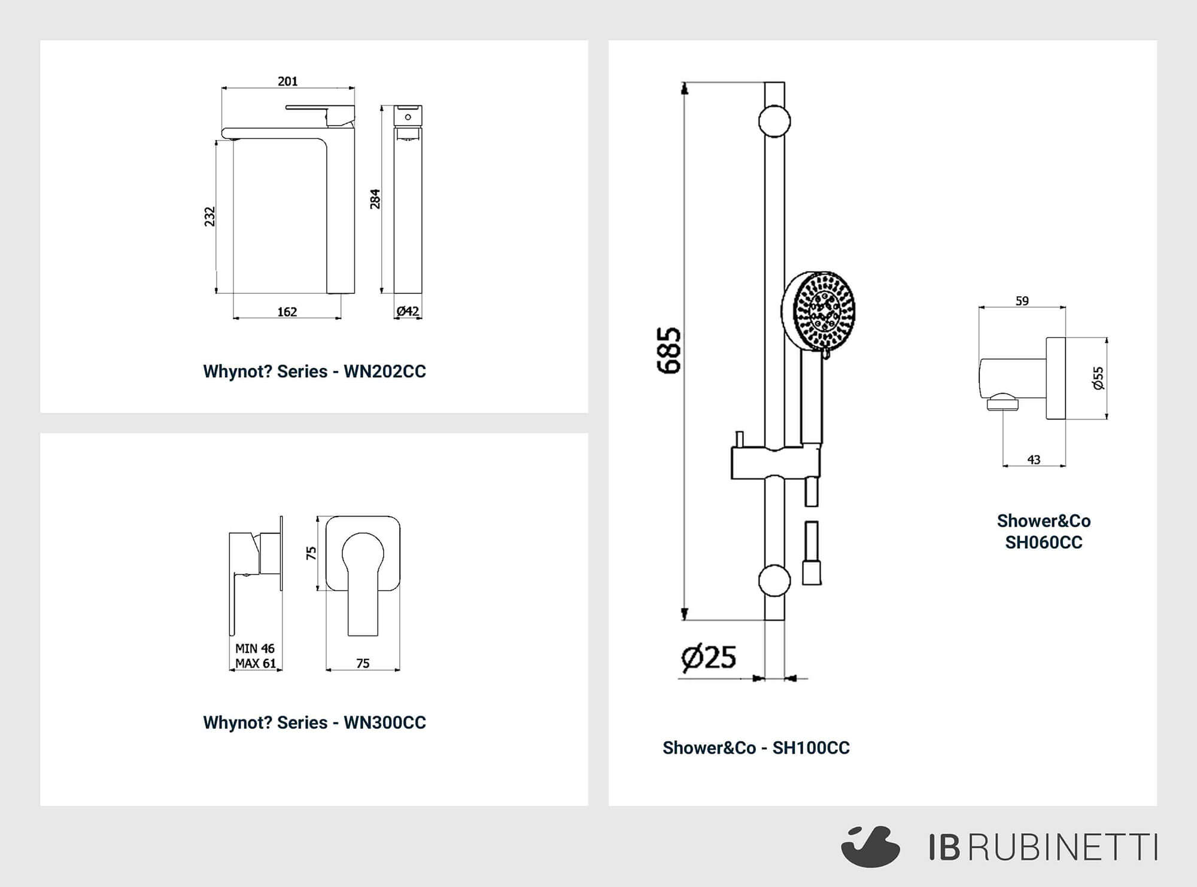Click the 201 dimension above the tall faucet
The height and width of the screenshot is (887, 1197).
coord(287,81)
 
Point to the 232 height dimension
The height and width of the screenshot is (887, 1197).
coord(209,217)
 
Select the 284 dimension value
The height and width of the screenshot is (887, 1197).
coord(375,199)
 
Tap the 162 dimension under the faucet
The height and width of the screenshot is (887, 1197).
coord(287,312)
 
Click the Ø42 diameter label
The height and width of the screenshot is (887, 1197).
coord(408,311)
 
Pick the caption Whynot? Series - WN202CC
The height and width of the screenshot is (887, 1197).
coord(314,372)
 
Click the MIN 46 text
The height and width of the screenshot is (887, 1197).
coord(255,648)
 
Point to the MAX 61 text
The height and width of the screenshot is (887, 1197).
coord(256,663)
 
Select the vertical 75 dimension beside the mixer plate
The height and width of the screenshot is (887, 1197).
coord(311,553)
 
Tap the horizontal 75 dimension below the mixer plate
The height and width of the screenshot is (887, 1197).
coord(363,663)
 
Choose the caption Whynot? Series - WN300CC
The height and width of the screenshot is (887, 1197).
coord(314,723)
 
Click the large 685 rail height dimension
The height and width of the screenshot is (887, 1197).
coord(669,351)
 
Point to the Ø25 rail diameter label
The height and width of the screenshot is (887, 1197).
coord(709,657)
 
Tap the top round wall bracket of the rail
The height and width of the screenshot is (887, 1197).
coord(774,121)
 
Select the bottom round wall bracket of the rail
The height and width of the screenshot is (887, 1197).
coord(774,581)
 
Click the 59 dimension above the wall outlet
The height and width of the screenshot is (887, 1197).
coord(1022,301)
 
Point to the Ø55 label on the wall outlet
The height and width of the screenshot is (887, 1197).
coord(1098,378)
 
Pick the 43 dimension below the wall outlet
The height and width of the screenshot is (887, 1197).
coord(1034,460)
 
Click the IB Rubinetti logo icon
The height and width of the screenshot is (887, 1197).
coord(871,846)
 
